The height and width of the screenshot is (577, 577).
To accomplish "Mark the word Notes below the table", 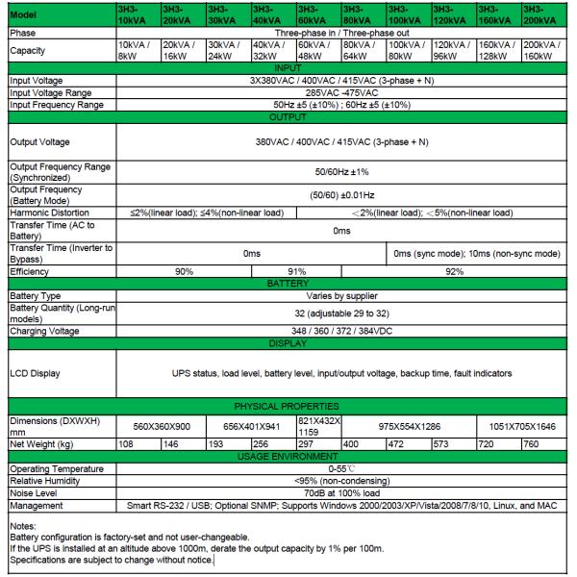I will [x=21, y=524].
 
